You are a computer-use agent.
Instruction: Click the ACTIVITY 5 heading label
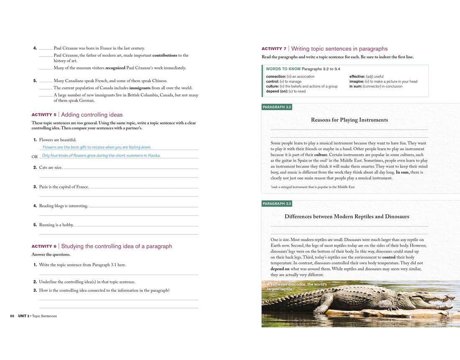(44, 115)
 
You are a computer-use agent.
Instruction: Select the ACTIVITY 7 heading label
(274, 49)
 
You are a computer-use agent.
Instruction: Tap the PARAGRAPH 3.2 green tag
(276, 107)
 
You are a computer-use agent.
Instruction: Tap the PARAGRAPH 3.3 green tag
(276, 204)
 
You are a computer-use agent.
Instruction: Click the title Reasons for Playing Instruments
(349, 120)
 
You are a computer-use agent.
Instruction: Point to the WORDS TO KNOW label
(283, 69)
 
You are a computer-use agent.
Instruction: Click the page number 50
(12, 316)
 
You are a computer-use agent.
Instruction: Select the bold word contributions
(165, 55)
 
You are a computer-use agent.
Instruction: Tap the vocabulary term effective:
(357, 77)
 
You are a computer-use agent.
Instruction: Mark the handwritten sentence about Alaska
(101, 156)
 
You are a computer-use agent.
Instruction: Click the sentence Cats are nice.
(51, 168)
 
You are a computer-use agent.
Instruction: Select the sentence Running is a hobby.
(56, 225)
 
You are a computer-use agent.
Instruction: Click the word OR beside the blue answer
(35, 157)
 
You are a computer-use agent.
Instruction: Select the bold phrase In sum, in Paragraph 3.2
(402, 172)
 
